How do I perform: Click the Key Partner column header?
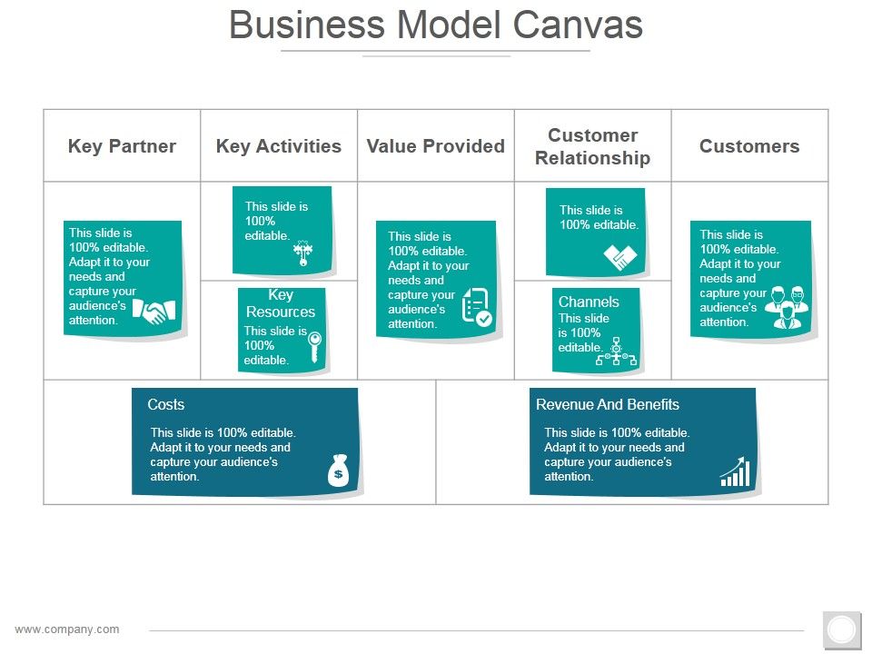122,146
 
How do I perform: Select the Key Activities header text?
279,146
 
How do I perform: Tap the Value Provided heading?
435,146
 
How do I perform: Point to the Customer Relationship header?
592,146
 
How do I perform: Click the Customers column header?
749,146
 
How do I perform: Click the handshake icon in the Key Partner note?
150,312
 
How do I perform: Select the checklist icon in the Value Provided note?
477,307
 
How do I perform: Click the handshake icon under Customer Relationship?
620,258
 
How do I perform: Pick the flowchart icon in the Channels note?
616,352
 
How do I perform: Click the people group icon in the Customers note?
786,308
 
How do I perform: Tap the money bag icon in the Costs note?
338,471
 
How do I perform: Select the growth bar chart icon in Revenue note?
736,472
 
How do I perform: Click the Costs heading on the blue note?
165,405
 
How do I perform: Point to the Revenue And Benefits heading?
607,405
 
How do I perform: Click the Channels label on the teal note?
589,302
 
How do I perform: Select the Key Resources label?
281,303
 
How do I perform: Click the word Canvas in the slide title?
579,25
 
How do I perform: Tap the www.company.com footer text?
67,629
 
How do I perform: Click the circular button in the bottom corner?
842,629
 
